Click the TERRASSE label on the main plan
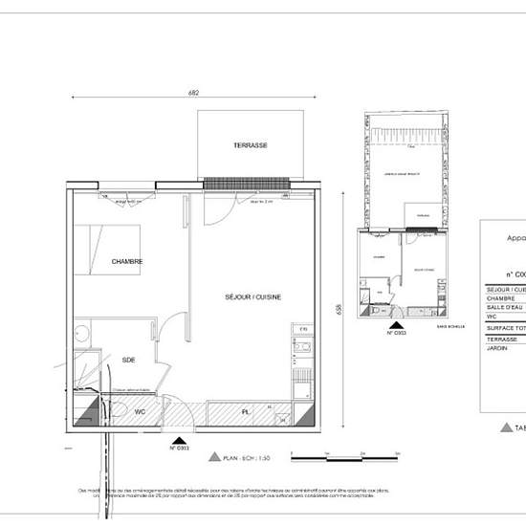[251, 145]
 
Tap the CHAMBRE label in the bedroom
[127, 261]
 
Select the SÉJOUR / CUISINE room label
[252, 297]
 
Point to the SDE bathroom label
[128, 360]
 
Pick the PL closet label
[246, 412]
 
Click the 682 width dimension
[194, 93]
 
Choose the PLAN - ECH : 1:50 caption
[251, 458]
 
